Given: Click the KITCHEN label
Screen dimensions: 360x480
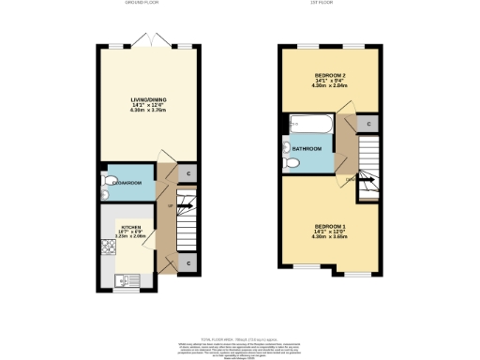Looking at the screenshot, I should tap(129, 227).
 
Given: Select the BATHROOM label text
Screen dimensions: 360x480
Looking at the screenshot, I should tap(307, 149).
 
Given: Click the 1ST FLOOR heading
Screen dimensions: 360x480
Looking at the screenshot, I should tap(334, 3).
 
